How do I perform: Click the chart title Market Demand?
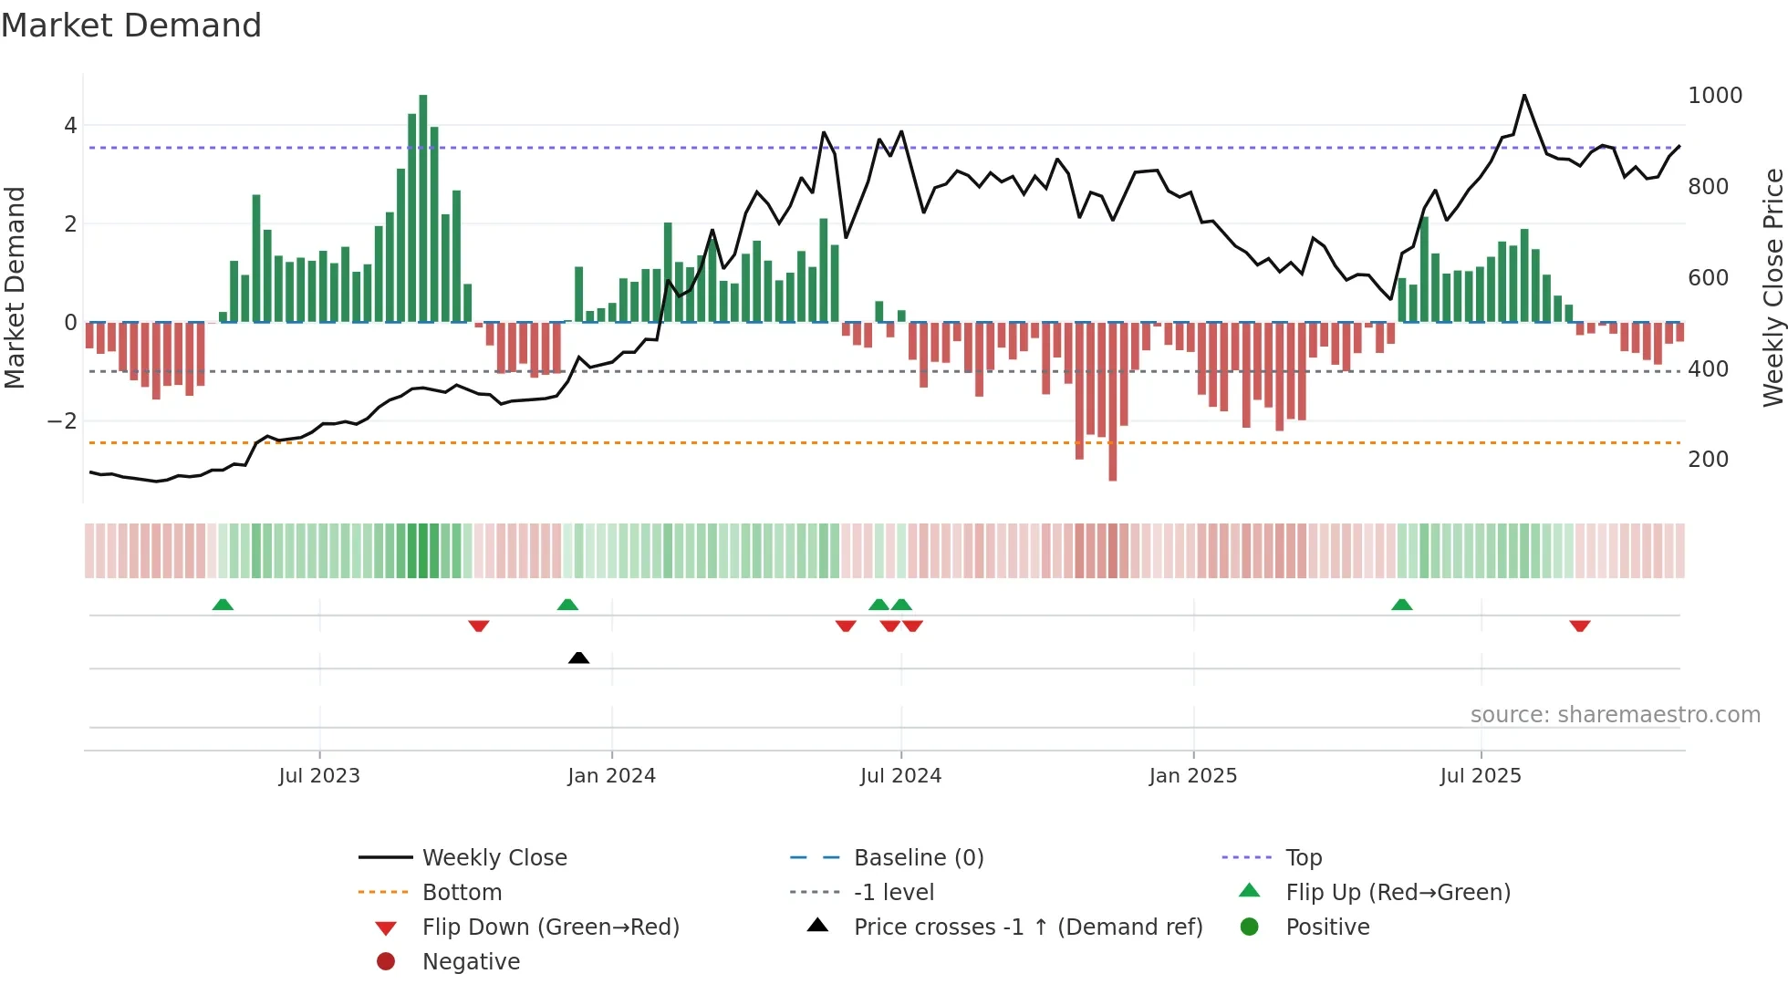(131, 26)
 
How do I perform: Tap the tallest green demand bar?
(422, 208)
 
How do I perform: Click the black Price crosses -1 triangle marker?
(578, 658)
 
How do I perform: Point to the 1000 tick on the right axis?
(1714, 96)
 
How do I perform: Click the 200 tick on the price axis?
(1708, 460)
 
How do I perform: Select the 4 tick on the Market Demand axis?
(70, 126)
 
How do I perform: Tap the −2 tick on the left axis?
(63, 421)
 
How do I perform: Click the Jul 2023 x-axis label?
(319, 776)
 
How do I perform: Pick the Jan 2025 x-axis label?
(1192, 776)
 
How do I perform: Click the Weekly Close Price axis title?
(1772, 287)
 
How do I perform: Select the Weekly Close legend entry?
(494, 858)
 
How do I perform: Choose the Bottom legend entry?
(462, 893)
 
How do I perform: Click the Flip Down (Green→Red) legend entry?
(550, 927)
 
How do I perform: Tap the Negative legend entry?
(471, 962)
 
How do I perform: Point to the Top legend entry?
(1303, 858)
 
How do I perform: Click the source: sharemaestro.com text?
(1615, 715)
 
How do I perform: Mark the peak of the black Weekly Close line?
(1523, 95)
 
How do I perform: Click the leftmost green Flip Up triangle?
(223, 605)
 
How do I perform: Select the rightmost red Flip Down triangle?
(1580, 626)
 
